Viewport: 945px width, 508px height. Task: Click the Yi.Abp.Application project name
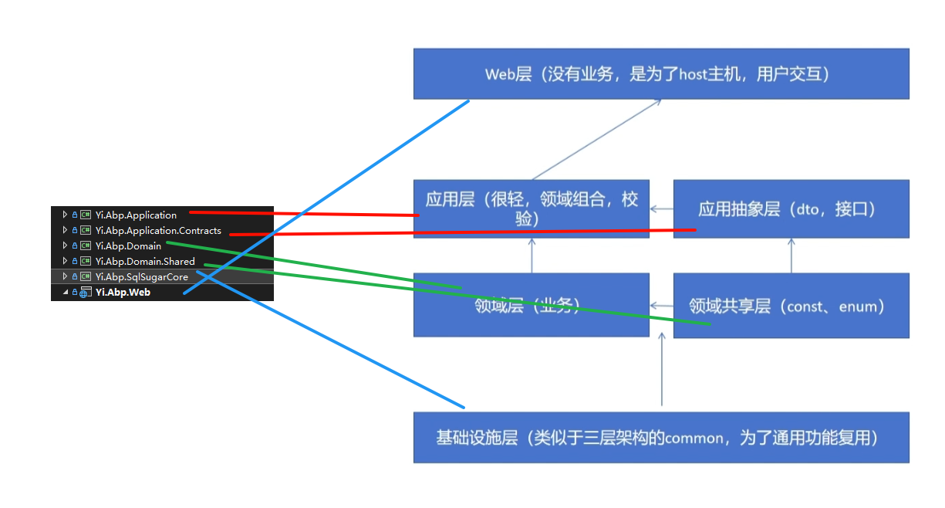(x=136, y=215)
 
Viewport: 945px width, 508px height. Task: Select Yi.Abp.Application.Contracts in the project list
(x=158, y=231)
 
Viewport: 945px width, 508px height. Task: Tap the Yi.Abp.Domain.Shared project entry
(x=145, y=262)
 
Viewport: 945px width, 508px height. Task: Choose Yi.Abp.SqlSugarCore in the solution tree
(x=141, y=277)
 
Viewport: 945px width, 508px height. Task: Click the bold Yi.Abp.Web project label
(x=123, y=293)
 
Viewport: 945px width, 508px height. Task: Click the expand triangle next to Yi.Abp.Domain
(x=65, y=246)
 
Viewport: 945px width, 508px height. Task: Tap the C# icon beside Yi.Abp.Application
(x=86, y=215)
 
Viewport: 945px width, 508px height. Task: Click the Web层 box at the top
(x=660, y=74)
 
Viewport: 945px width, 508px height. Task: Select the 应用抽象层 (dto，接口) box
(x=790, y=208)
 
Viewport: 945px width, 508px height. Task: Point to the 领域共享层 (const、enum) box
(x=790, y=306)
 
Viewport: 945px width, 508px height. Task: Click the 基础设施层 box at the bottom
(x=660, y=438)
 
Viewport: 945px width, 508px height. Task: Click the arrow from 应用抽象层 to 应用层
(x=661, y=208)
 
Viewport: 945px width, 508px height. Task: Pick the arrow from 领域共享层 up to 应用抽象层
(x=790, y=256)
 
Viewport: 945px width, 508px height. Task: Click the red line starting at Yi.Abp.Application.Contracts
(x=463, y=232)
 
